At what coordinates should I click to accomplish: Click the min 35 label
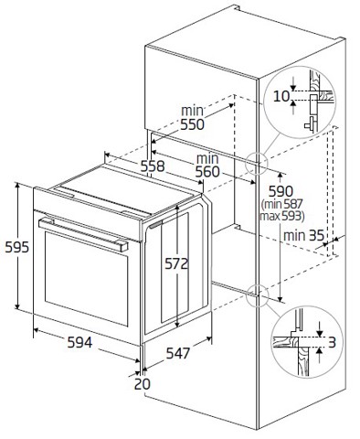(x=304, y=235)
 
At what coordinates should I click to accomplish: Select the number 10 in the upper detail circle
(x=281, y=95)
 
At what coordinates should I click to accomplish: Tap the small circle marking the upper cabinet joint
(x=257, y=163)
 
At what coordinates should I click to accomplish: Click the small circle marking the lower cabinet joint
(x=257, y=292)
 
